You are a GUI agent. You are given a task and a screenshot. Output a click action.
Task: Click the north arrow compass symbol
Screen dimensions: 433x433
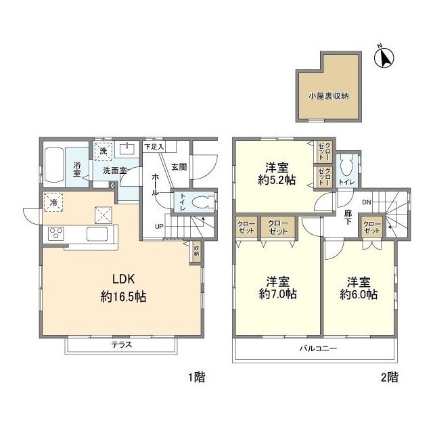384,58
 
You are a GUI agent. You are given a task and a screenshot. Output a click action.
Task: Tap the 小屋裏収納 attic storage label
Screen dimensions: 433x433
329,96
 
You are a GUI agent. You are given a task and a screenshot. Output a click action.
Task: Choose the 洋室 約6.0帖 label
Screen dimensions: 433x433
359,288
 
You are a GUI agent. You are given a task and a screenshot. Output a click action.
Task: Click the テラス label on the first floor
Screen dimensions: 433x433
122,344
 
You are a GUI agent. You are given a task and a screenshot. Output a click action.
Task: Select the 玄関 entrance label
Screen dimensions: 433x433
178,166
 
